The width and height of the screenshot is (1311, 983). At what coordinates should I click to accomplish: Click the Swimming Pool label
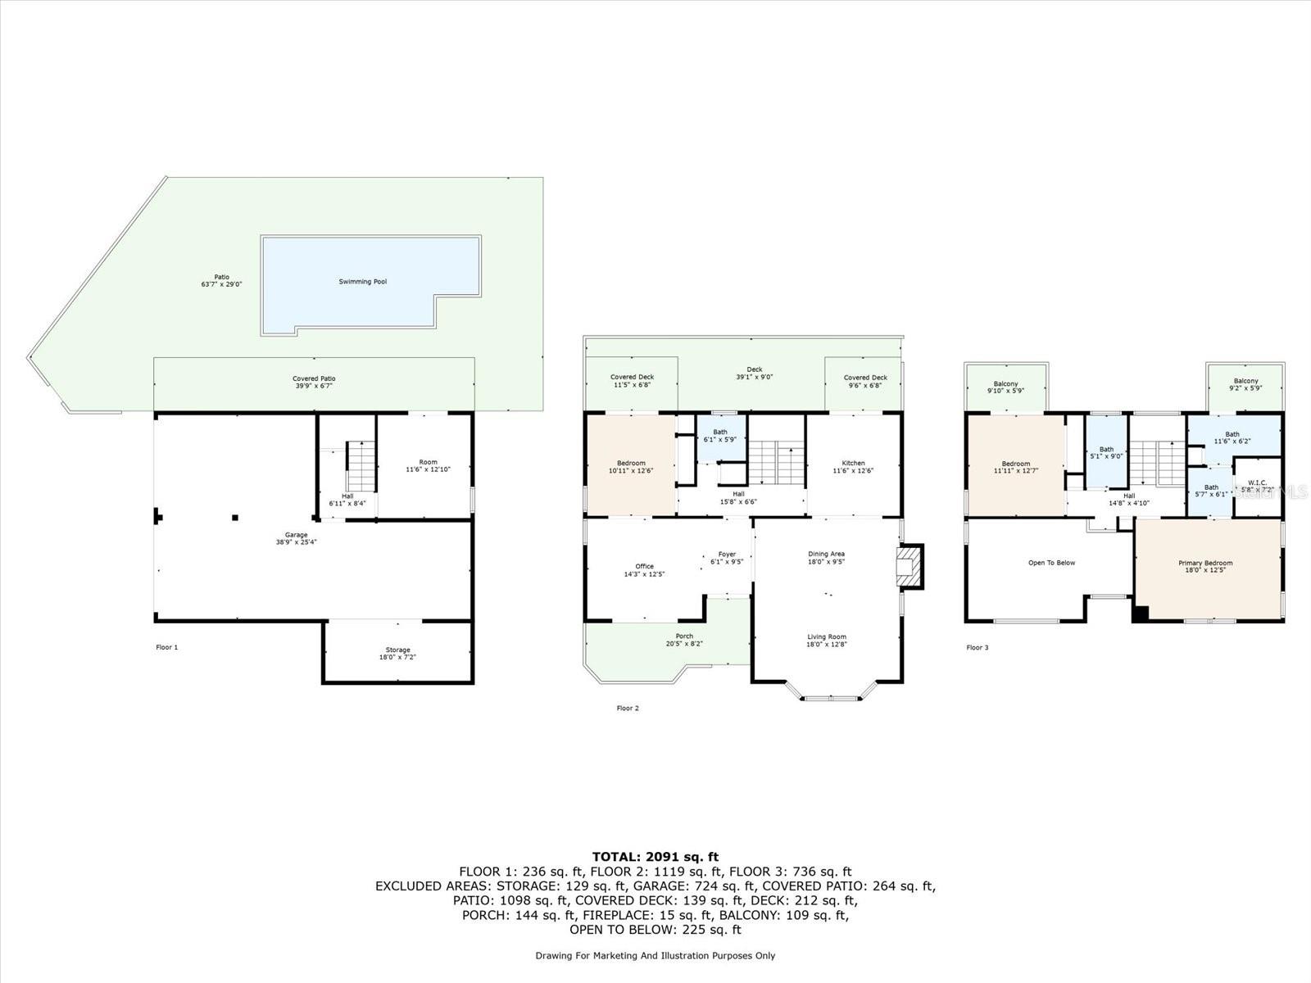363,282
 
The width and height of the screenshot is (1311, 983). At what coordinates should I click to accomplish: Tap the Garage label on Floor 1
296,535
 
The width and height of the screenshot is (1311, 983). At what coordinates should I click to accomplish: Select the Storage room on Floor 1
398,653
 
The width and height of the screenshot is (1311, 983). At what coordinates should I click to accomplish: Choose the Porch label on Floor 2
684,636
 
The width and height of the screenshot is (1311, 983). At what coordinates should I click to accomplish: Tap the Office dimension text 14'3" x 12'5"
644,574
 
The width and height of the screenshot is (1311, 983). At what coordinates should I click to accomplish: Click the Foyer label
727,555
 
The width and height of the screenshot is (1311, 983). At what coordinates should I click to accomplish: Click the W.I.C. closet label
1257,482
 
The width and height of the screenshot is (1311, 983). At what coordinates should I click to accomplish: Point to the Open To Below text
1051,563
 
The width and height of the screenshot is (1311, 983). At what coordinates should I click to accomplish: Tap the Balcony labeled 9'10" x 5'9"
1005,387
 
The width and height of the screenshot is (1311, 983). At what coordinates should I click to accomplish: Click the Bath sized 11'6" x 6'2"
1232,438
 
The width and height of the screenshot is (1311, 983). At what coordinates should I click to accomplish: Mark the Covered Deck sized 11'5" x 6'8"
633,381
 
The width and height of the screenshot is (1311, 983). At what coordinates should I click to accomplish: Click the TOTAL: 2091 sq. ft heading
655,857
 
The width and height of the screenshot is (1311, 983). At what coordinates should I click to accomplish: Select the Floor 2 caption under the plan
628,708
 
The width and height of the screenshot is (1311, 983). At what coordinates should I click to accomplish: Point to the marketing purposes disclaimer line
655,955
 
